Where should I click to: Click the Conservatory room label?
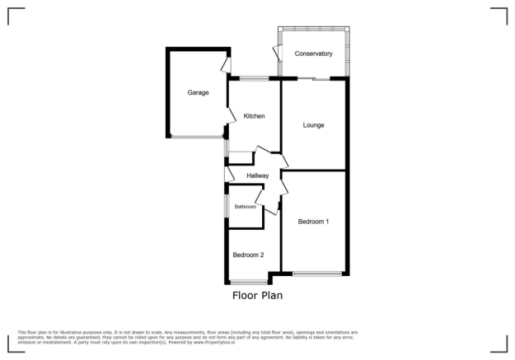[x=313, y=54]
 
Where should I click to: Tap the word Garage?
[x=198, y=92]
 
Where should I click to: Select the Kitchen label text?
[x=254, y=116]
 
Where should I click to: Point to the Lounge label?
[x=313, y=125]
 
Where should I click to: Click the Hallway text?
[x=258, y=175]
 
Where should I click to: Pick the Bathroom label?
[x=246, y=207]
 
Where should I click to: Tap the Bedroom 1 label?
[x=314, y=222]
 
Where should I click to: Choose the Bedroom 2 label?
[x=248, y=255]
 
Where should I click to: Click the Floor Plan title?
[x=258, y=294]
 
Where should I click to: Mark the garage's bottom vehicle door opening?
[x=196, y=137]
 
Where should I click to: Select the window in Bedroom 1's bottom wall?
[x=317, y=274]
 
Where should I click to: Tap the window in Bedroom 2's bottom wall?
[x=249, y=283]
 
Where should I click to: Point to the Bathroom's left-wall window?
[x=227, y=207]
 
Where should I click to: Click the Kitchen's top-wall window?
[x=254, y=78]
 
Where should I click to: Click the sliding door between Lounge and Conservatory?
[x=312, y=78]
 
